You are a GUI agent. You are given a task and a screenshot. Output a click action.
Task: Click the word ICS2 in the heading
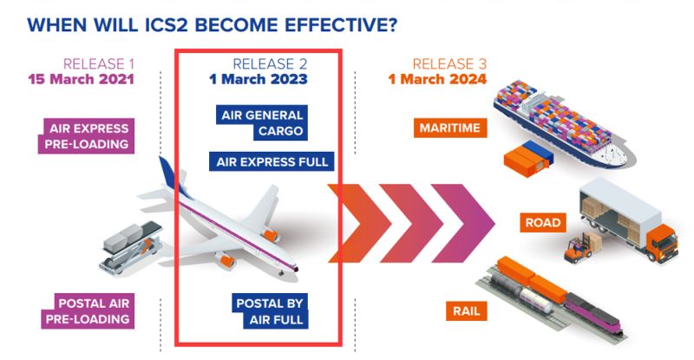tap(167, 25)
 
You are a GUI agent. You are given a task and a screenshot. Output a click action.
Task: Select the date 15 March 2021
tap(81, 79)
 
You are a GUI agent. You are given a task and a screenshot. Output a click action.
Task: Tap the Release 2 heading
tap(270, 64)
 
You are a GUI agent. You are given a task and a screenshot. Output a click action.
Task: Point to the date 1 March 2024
tap(437, 79)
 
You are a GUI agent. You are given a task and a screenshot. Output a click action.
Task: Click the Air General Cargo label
tap(262, 123)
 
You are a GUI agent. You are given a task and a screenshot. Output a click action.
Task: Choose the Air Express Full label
tap(272, 161)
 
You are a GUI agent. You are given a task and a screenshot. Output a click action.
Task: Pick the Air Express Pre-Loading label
tap(86, 136)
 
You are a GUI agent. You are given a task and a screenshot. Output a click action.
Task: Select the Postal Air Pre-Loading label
tap(88, 311)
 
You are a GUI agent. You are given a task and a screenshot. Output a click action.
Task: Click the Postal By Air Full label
tap(270, 311)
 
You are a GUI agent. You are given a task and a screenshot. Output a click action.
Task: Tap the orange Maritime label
tap(450, 128)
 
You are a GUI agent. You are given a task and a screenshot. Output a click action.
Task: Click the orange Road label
tap(543, 222)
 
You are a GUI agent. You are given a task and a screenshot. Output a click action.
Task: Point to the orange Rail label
tap(467, 311)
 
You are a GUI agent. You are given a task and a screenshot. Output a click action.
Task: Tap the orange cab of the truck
tap(662, 243)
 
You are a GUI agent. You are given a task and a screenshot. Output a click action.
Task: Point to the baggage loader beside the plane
tap(130, 247)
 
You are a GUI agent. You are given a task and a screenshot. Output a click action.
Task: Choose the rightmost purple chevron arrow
tap(463, 223)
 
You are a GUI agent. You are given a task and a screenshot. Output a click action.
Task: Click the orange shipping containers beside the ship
tap(528, 159)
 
